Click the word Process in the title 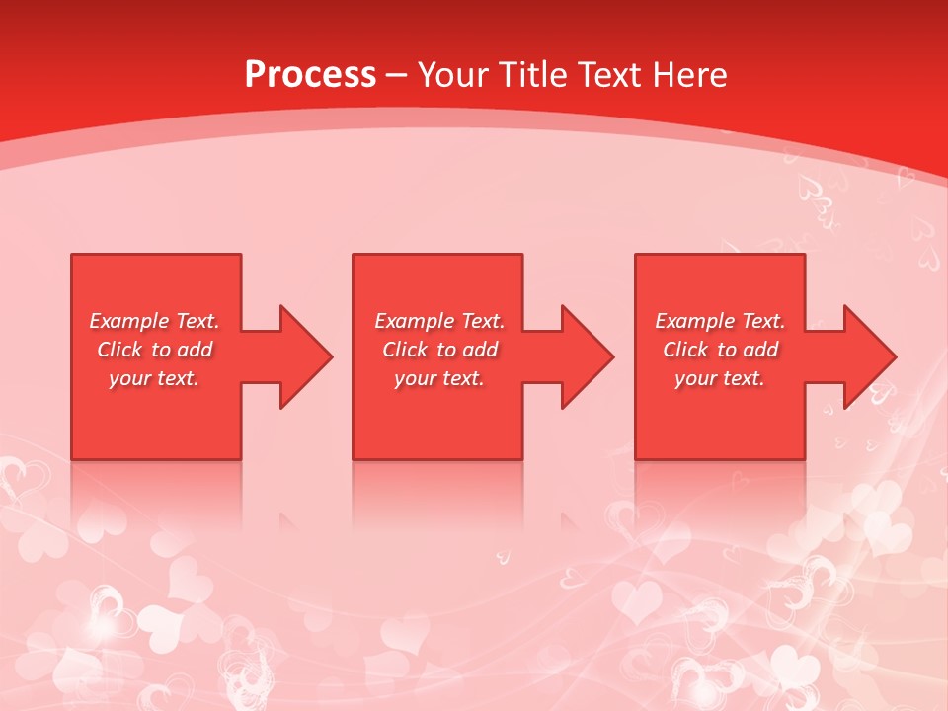coord(310,74)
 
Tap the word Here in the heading coord(688,74)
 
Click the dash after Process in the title coord(396,76)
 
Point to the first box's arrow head coord(306,356)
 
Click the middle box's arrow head coord(588,356)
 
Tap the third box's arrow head coord(870,356)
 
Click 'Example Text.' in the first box coord(154,321)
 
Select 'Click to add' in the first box coord(154,350)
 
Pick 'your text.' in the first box coord(154,378)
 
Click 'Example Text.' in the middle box coord(439,321)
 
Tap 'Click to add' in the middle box coord(439,350)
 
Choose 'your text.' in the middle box coord(439,378)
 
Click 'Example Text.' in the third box coord(720,321)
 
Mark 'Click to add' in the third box coord(720,350)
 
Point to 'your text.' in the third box coord(720,378)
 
